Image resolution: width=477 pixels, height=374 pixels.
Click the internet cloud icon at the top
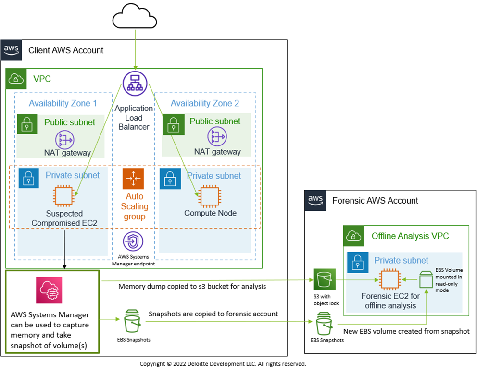pos(135,18)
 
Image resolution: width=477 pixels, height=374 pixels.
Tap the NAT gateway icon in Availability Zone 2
pos(217,137)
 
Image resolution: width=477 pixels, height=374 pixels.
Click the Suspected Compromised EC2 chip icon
pos(63,196)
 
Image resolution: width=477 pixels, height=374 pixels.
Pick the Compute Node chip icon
pos(208,195)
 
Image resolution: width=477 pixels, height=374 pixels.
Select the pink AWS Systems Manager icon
pos(46,290)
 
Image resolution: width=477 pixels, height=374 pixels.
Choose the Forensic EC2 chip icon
pos(390,279)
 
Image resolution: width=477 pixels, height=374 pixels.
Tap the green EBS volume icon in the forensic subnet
pos(426,280)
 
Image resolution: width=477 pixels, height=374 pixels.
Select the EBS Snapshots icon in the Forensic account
pos(325,324)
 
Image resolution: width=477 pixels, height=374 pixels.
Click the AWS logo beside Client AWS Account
pos(12,50)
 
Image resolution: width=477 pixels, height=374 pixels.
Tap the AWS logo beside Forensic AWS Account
pos(315,200)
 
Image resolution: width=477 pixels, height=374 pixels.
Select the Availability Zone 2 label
pos(204,103)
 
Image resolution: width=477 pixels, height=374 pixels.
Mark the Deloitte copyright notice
pos(223,364)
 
